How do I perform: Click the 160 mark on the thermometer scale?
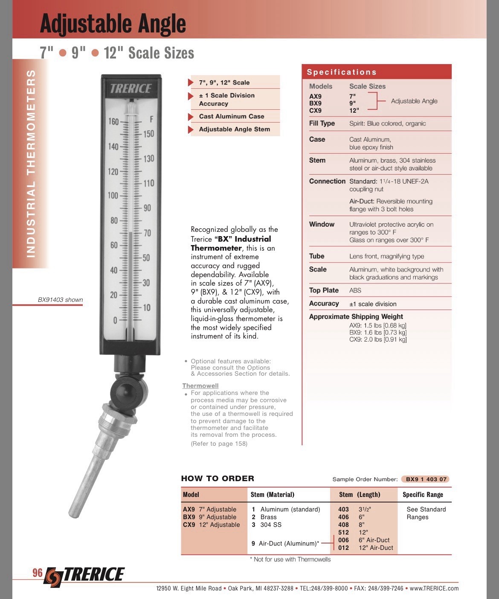point(113,122)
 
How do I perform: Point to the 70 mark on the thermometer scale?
point(147,233)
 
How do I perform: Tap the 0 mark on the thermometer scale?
point(115,320)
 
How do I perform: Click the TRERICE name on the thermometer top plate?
point(131,88)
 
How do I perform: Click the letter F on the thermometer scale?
point(152,119)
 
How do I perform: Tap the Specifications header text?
point(342,72)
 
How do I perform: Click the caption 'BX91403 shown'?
point(60,300)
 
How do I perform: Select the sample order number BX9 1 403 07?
point(426,479)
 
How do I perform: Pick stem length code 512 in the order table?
point(343,532)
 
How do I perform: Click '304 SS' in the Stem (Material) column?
point(271,525)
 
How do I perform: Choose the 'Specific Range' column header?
point(423,494)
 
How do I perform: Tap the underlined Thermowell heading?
point(200,386)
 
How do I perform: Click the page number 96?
point(38,573)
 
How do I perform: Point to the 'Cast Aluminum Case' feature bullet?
point(232,116)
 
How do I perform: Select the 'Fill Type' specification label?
point(322,123)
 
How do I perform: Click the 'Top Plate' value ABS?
point(355,290)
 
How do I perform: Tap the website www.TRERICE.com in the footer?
point(434,588)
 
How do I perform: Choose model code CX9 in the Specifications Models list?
point(315,111)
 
